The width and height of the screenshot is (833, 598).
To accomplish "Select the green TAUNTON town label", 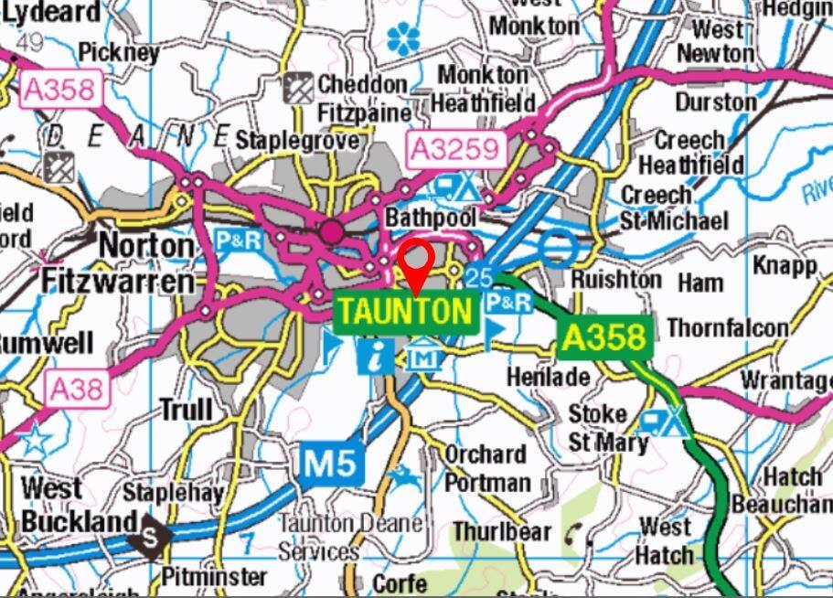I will coord(407,313).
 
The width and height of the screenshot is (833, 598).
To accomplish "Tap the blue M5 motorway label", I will coord(332,465).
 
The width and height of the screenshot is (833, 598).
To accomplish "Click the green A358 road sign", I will coord(603,337).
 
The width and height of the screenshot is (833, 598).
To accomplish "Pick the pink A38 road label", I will coord(77,390).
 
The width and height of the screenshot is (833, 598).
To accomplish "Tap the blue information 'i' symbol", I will coord(374,355).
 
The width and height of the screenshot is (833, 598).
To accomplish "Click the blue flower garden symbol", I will coord(402,38).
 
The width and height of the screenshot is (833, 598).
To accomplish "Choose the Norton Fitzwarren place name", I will coord(119,263).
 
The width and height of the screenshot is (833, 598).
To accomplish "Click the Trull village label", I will coord(186,410).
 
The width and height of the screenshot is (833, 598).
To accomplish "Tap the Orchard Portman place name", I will coord(486,467).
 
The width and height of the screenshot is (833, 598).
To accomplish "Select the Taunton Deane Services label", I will coord(350,538).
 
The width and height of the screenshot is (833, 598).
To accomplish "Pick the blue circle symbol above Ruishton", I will coord(557,246).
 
